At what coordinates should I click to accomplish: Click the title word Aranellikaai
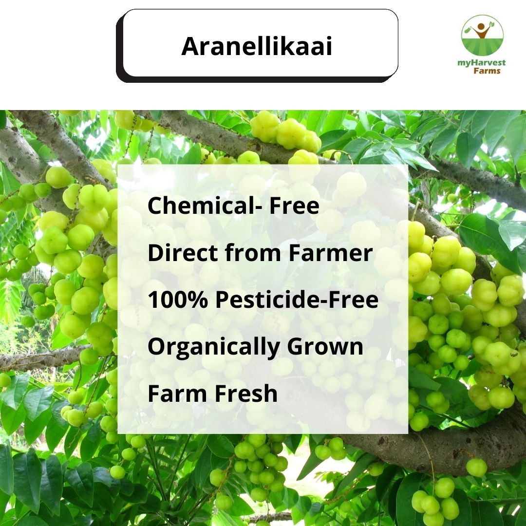pos(257,47)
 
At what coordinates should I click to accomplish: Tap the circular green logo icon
pos(482,35)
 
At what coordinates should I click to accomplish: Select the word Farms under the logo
pos(487,71)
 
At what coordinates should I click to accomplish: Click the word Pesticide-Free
pos(297,300)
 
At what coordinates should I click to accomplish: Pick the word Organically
pos(213,347)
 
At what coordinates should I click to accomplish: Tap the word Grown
pos(325,346)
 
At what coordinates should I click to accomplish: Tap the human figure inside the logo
pos(482,32)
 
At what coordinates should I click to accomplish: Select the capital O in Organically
pos(156,346)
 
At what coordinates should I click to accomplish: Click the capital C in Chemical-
pos(155,206)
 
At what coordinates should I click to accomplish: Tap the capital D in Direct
pos(155,253)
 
